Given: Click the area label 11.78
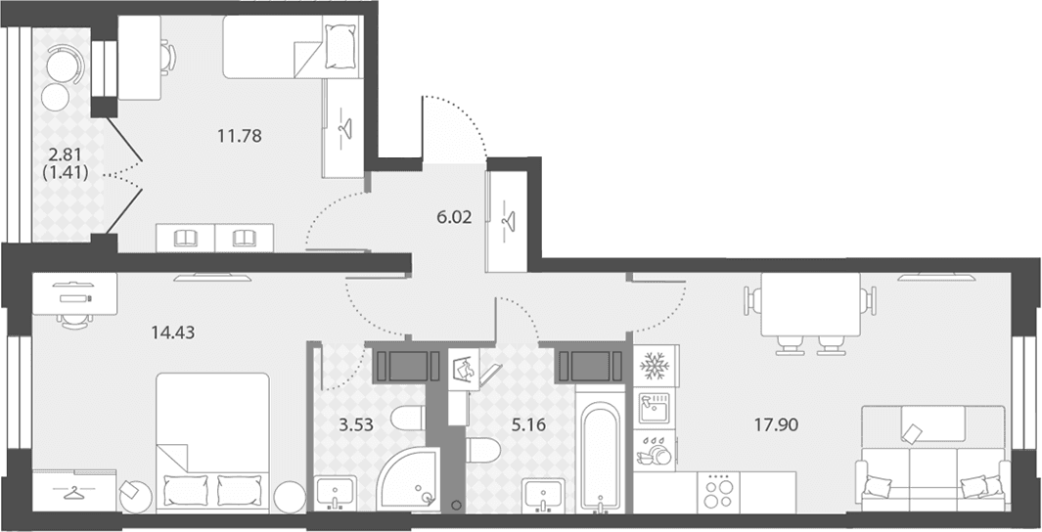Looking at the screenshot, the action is point(240,136).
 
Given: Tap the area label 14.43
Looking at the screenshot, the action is point(173,332).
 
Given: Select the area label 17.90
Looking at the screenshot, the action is point(776,424).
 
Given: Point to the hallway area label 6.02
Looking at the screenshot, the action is point(455,217).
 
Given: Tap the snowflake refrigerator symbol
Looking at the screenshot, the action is point(655,366).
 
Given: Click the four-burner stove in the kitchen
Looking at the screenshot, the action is point(718,493).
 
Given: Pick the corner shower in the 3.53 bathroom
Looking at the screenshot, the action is point(408,479).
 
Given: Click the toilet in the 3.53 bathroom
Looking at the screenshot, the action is point(407,419).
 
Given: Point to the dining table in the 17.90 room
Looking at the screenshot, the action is point(810,304).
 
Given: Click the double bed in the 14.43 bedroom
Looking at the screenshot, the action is point(212,442).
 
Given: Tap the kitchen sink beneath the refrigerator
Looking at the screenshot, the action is point(655,408).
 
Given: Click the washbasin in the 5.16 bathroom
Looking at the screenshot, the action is point(543,496).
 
